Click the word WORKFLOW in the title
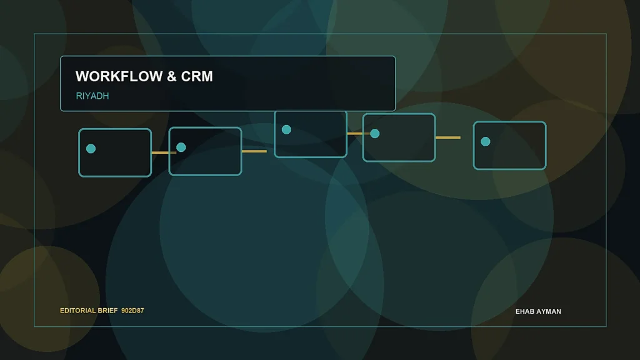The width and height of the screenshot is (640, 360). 119,76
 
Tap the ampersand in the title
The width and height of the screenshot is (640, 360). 172,76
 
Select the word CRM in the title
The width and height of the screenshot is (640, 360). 197,76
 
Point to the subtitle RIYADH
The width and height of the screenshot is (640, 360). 92,96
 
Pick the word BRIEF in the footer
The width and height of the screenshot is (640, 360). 107,311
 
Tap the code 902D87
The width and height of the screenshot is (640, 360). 132,311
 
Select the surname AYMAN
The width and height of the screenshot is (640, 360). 548,311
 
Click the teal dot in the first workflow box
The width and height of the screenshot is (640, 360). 91,149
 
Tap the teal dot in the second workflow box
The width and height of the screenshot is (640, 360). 181,147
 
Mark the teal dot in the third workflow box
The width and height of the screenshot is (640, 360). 286,130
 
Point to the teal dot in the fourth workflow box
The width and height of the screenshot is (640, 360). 375,134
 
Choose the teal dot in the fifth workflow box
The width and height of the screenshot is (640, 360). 485,142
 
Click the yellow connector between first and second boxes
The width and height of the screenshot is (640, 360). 164,152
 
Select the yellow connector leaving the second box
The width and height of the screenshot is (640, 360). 254,151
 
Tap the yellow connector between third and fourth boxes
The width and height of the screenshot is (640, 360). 358,134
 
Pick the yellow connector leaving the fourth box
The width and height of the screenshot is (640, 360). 448,137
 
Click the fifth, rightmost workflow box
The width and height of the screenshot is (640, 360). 510,145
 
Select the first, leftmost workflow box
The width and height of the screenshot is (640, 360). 115,152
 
